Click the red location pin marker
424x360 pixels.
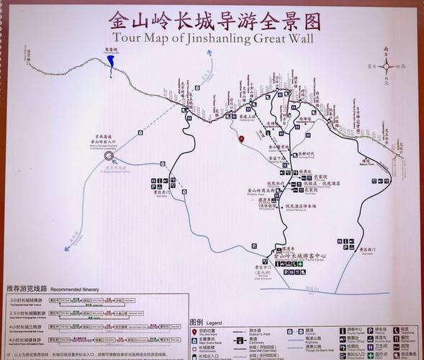click(242, 139)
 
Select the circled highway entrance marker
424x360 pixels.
click(109, 155)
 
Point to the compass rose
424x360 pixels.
click(387, 66)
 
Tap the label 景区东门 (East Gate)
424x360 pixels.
click(162, 192)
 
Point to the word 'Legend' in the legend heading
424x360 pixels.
click(215, 323)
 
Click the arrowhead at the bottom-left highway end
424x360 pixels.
click(67, 248)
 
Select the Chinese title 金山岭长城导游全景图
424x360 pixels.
click(212, 19)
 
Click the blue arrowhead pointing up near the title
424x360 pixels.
click(209, 53)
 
